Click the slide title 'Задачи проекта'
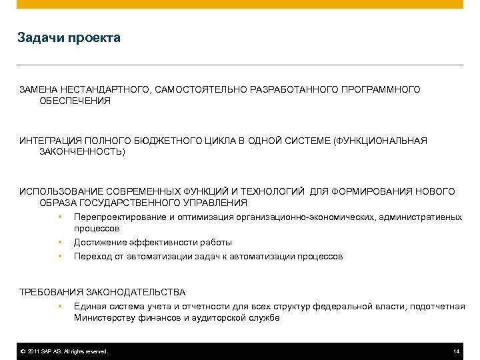click(x=69, y=38)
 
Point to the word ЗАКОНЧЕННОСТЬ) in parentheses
click(x=82, y=152)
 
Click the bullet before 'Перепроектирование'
click(x=60, y=217)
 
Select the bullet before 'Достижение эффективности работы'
click(x=60, y=243)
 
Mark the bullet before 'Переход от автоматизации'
click(x=60, y=256)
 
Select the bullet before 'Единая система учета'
click(x=60, y=306)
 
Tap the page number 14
click(x=456, y=351)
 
